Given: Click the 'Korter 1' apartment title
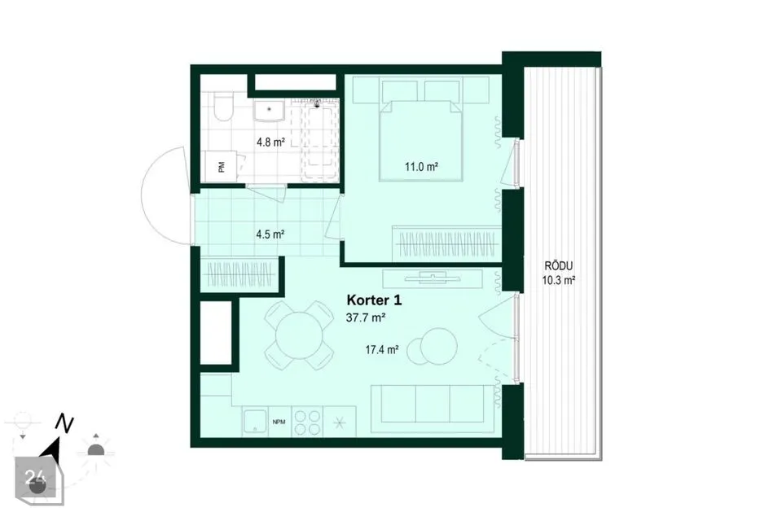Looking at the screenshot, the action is coord(374,300).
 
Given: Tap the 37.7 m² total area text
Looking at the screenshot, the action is coord(366,317).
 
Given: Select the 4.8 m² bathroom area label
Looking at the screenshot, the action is coord(270,142).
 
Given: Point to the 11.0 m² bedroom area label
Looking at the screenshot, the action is coord(421,167).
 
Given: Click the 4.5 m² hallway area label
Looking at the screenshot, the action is coord(270,234).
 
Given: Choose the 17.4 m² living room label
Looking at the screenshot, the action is coord(381,350).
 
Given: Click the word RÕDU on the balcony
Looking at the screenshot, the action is coord(559,266).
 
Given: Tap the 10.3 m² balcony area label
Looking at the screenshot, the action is coord(559,280).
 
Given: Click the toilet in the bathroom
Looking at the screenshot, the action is coord(222,107).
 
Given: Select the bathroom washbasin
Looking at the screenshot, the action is coord(269,110).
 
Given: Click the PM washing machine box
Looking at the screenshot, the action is coord(221,167).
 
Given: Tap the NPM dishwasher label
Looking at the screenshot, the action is coord(279,422).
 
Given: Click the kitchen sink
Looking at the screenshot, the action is coord(255,422).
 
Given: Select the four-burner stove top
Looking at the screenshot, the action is coord(307,422).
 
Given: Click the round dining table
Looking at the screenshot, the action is coord(299,335).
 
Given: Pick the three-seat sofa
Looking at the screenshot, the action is coord(432,404).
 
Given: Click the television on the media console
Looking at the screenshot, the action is coord(433,276).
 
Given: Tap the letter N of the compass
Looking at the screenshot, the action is coord(64,422).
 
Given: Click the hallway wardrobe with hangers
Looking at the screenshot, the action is coord(239,274).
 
